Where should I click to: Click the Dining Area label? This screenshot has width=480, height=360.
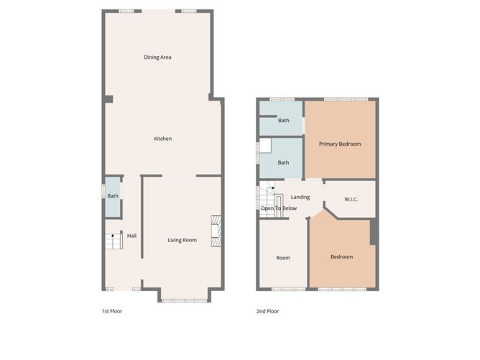click(x=157, y=57)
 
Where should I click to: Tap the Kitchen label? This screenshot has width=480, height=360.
click(x=163, y=139)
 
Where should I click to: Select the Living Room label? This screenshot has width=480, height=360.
click(x=182, y=240)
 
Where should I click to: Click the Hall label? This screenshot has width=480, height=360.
click(x=131, y=236)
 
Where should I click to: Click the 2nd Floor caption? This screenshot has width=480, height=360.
click(x=268, y=311)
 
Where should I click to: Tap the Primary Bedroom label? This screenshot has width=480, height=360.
click(x=340, y=144)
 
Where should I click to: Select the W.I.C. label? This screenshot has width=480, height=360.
click(x=351, y=199)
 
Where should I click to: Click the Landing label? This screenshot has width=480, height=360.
click(x=300, y=197)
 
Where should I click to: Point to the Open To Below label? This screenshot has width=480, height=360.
click(x=279, y=208)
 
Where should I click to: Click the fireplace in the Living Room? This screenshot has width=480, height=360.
click(x=216, y=231)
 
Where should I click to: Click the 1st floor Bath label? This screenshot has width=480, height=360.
click(x=113, y=196)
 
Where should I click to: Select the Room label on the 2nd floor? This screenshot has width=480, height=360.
click(x=283, y=257)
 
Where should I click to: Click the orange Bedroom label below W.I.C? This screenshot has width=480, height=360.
click(x=341, y=257)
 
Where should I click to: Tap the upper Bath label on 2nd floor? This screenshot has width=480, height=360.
click(x=284, y=120)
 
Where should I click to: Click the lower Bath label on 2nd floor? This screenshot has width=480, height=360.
click(x=284, y=162)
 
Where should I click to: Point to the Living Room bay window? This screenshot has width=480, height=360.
click(x=185, y=300)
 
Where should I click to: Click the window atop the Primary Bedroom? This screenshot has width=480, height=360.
click(x=345, y=99)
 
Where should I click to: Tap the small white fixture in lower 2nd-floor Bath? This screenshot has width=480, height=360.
click(x=265, y=146)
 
